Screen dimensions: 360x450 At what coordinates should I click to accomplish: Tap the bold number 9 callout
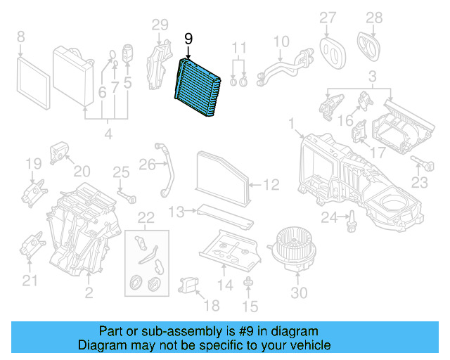(188, 40)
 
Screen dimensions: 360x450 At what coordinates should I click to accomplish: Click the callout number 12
(271, 185)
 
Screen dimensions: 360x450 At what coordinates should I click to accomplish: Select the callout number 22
(145, 217)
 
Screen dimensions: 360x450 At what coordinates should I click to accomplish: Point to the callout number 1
(290, 124)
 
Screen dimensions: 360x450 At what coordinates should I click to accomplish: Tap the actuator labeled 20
(59, 153)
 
